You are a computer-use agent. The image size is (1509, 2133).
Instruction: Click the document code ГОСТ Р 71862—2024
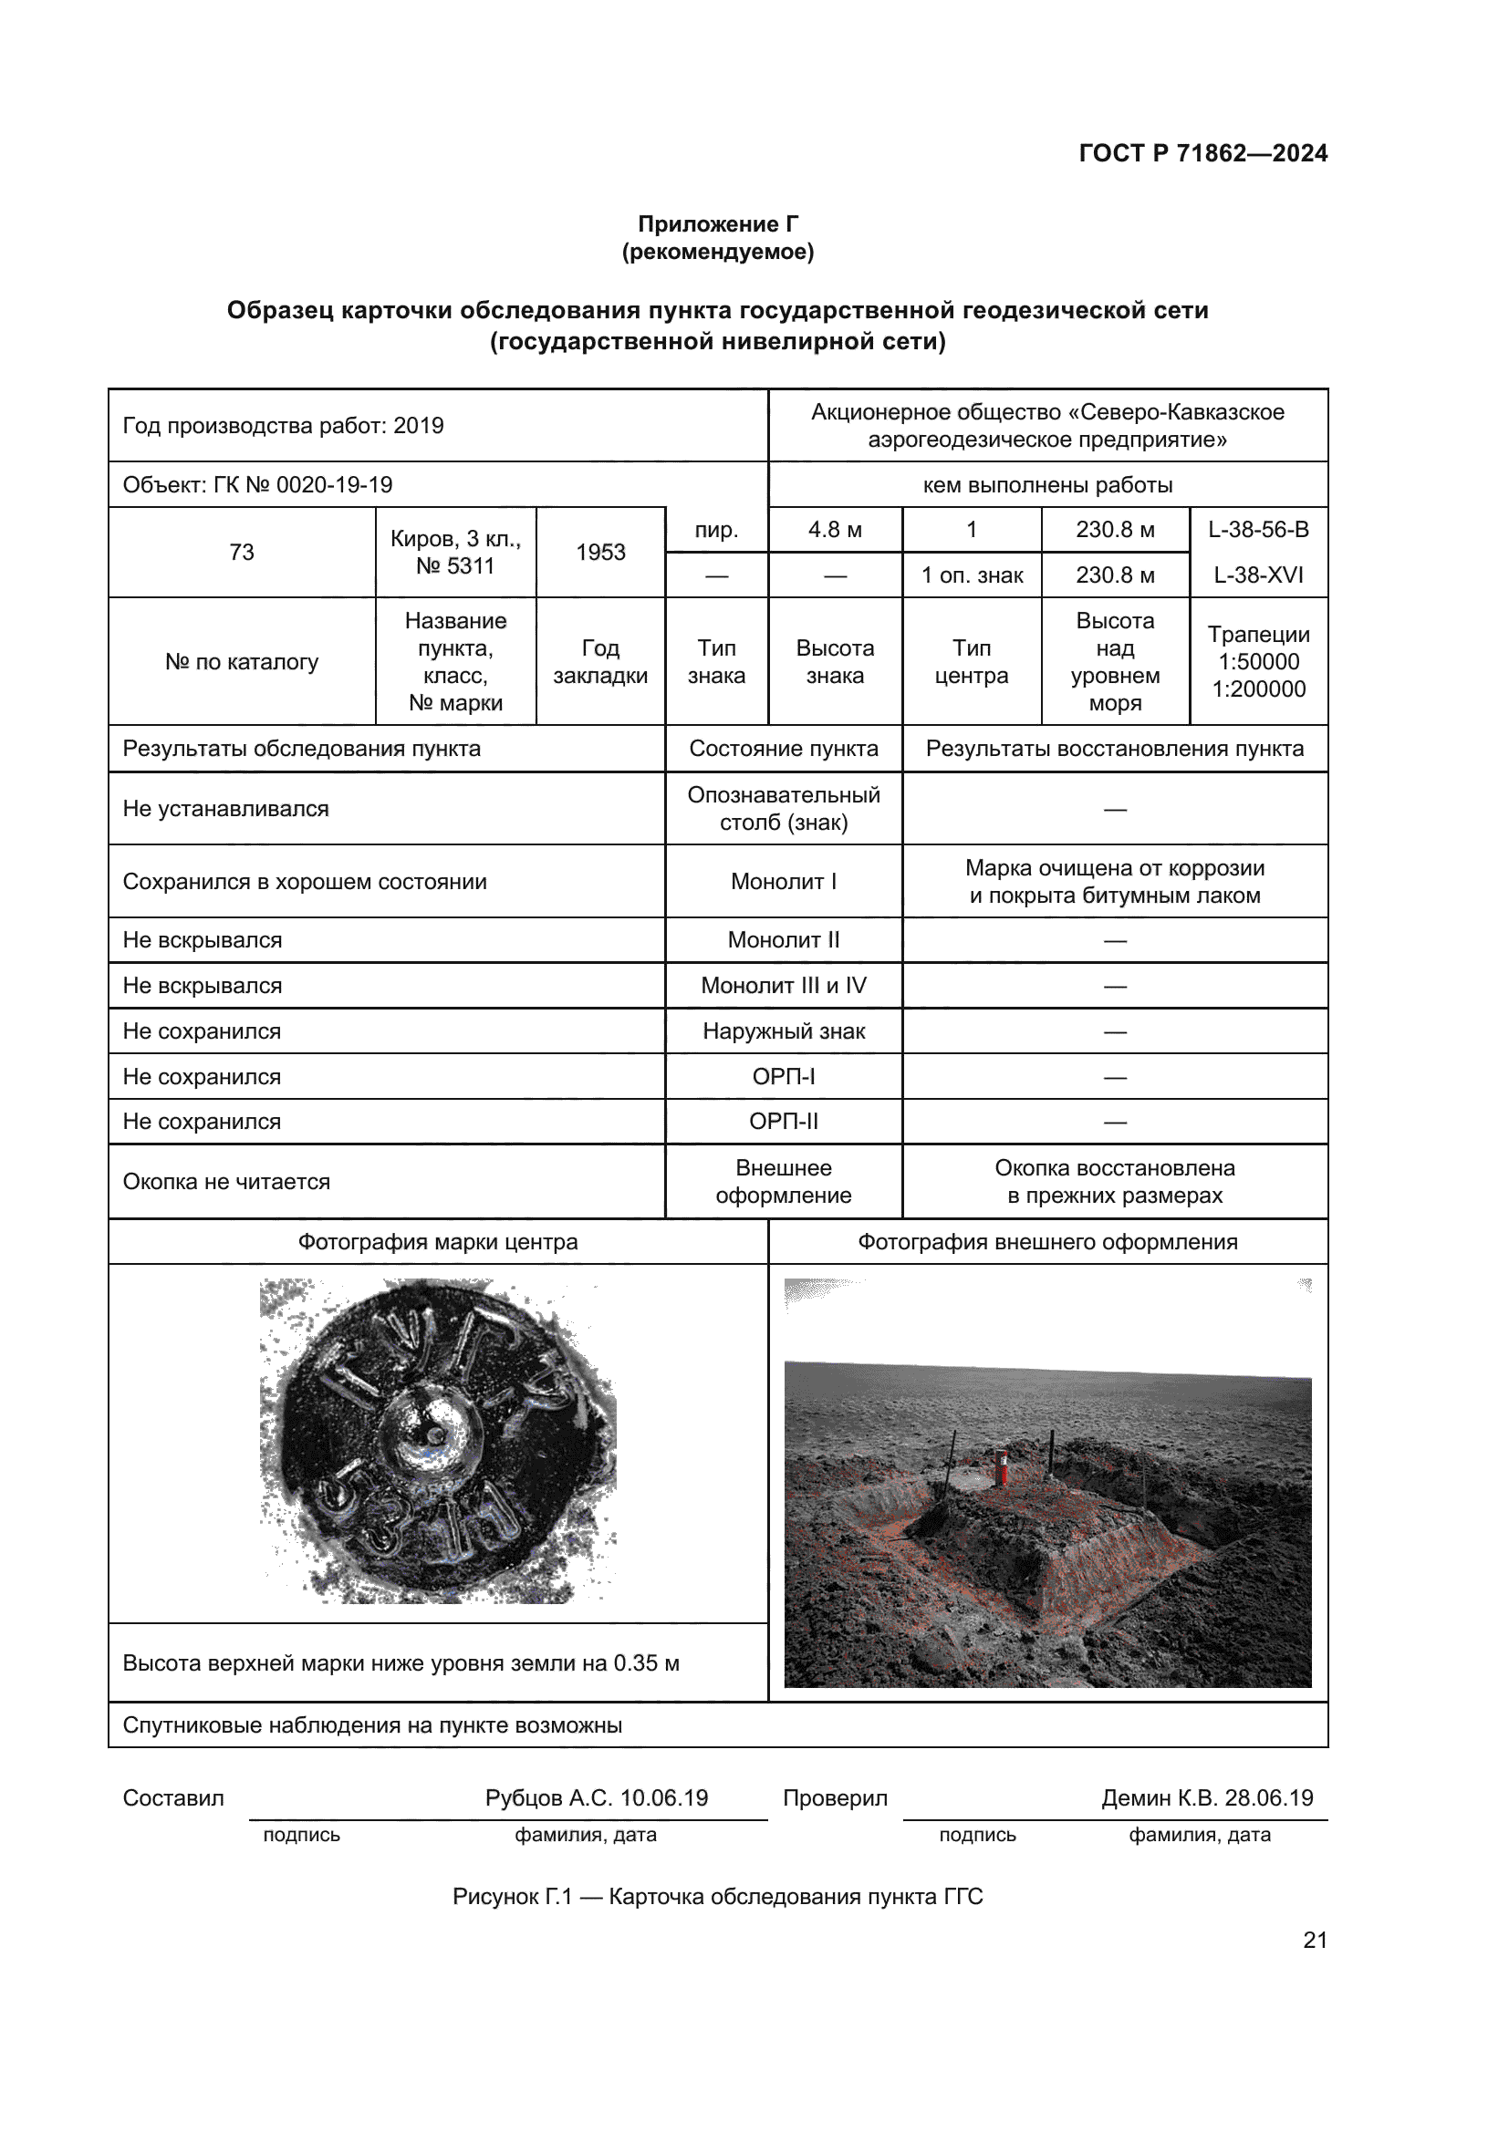[x=1202, y=153]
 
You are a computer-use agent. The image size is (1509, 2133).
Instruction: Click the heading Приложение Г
[x=717, y=224]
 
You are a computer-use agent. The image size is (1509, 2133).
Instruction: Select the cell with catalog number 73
[x=242, y=552]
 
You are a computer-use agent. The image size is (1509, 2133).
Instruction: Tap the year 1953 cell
[x=600, y=552]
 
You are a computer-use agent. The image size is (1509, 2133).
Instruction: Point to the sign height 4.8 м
[x=835, y=530]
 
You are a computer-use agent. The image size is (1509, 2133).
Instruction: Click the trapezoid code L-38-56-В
[x=1258, y=530]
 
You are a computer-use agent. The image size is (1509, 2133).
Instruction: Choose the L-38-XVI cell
[x=1258, y=575]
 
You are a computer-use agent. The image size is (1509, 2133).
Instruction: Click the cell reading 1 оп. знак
[x=971, y=575]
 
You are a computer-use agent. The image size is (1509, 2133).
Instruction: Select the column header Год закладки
[x=600, y=661]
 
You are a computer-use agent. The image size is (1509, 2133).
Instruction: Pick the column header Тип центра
[x=971, y=661]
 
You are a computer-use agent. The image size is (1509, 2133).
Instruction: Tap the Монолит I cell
[x=784, y=881]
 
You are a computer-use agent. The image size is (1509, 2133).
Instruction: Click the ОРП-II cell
[x=784, y=1122]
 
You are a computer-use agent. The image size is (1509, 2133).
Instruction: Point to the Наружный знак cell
[x=784, y=1031]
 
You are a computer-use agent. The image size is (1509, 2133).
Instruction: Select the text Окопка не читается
[x=227, y=1182]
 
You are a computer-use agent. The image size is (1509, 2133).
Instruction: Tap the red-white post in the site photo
[x=1002, y=1465]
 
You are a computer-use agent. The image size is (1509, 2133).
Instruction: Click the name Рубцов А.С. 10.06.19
[x=597, y=1797]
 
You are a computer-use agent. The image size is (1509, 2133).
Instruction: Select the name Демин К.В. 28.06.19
[x=1207, y=1797]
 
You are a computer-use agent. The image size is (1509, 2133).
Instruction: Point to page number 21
[x=1315, y=1940]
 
